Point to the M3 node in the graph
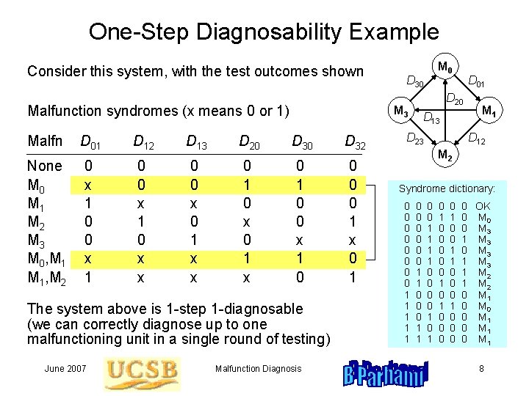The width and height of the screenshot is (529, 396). pos(400,111)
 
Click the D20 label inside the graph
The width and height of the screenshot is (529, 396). pos(456,99)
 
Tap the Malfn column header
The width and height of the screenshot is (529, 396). pos(44,141)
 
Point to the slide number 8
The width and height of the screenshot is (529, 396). pos(482,369)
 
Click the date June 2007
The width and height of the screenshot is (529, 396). pos(65,369)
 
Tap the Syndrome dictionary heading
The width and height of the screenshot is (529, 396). pos(447,188)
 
